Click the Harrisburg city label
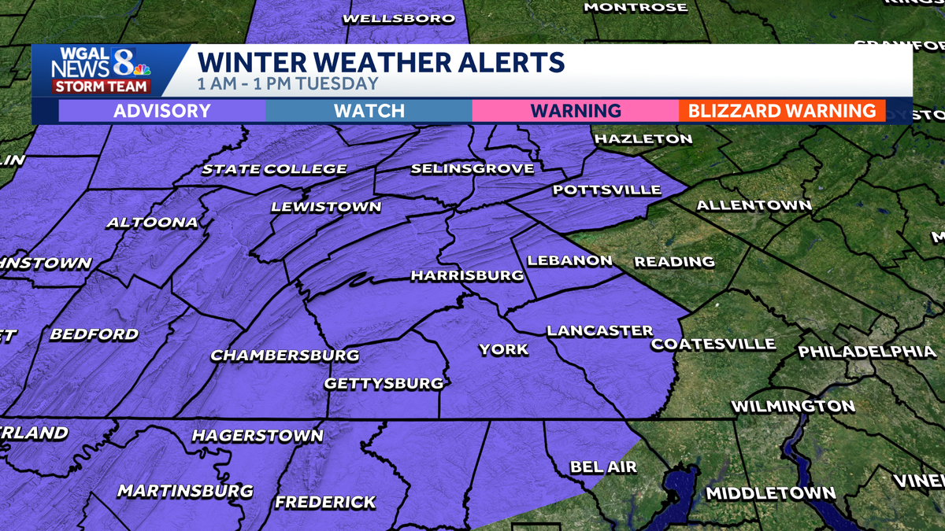(x=467, y=275)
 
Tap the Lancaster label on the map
(x=600, y=331)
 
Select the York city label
(x=503, y=348)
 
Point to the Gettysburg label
(x=384, y=383)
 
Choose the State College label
(x=274, y=169)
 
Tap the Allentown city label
(x=754, y=205)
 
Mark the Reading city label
(x=674, y=261)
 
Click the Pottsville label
(x=606, y=190)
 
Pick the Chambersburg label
(x=284, y=355)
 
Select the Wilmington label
(x=793, y=407)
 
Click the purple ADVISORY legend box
(x=161, y=111)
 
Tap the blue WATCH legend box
(x=369, y=111)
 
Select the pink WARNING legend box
(x=575, y=111)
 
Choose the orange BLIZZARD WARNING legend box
(x=781, y=111)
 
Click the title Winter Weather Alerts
(x=380, y=61)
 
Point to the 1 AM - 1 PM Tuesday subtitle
(x=287, y=83)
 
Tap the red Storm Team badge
(x=101, y=87)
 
